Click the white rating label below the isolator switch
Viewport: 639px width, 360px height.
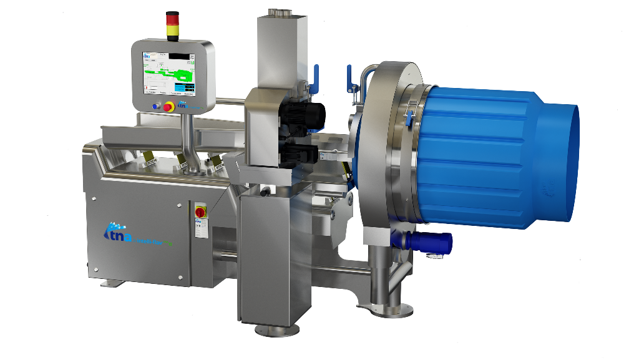(x=200, y=229)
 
